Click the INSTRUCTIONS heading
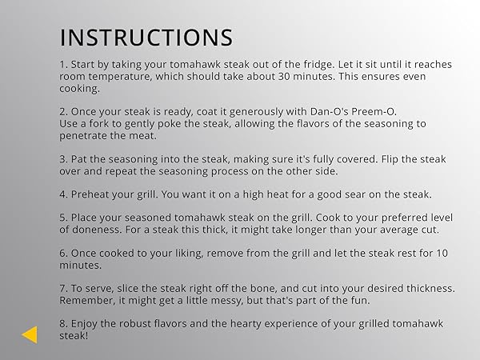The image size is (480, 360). coord(146,38)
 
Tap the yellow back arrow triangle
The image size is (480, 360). coord(30,334)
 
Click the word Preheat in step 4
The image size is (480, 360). coord(94,194)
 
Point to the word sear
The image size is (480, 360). coord(347,194)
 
